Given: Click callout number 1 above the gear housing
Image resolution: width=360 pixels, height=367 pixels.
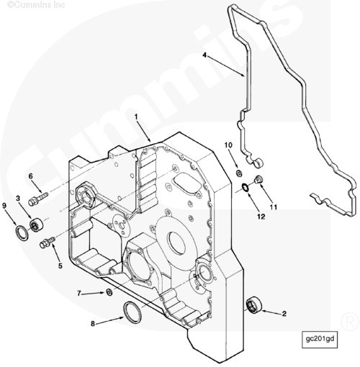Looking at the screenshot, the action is (x=136, y=117).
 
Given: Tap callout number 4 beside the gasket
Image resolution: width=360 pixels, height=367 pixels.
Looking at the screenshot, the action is (x=204, y=55).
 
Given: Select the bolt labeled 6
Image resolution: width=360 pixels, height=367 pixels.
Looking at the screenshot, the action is (x=38, y=198).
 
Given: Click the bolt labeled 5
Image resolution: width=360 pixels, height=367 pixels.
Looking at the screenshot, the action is (x=48, y=243).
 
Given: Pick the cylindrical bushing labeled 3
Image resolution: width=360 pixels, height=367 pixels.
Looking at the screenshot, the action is (x=36, y=225).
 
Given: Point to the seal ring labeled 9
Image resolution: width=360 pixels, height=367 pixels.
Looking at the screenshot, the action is (x=22, y=233).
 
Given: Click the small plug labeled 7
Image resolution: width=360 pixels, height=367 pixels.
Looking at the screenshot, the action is (x=109, y=292).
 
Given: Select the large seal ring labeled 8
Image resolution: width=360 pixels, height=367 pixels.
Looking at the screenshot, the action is (x=132, y=312).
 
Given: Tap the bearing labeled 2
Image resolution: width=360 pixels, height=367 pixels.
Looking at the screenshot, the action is (x=254, y=304).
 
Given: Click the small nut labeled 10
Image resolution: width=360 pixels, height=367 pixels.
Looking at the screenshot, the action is (x=239, y=173).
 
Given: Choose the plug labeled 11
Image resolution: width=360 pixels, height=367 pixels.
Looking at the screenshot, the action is (x=258, y=179).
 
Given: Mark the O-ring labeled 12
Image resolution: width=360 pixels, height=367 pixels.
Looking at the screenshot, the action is (x=245, y=187).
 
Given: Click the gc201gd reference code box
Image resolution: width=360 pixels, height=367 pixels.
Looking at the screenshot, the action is (x=320, y=339).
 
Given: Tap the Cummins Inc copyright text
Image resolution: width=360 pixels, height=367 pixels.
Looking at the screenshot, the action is (x=36, y=4).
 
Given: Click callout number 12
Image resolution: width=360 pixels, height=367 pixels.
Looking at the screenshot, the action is (x=261, y=217).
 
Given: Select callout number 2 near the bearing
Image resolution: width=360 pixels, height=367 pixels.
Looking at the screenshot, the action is (x=284, y=314).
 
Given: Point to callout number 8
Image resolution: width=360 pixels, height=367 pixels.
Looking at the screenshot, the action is (x=93, y=324).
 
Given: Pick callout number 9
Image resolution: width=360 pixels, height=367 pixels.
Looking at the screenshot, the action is (x=4, y=206).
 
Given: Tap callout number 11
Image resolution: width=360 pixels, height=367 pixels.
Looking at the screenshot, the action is (x=274, y=207).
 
